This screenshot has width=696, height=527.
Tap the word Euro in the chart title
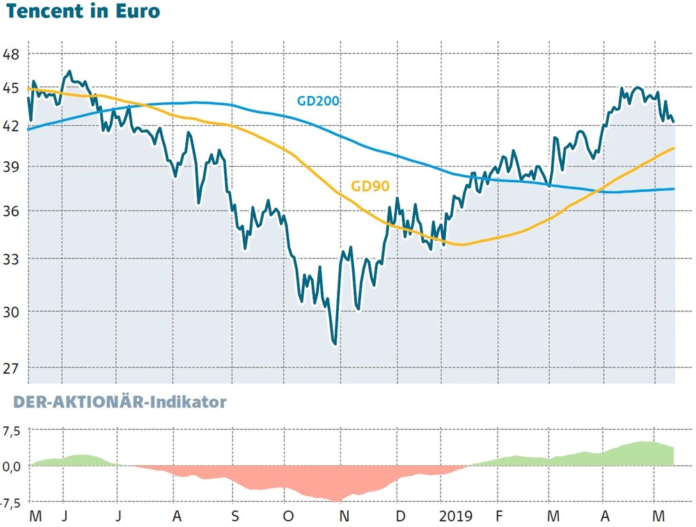[135, 12]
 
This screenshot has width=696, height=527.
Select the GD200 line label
[318, 101]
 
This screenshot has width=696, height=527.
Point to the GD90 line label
[370, 186]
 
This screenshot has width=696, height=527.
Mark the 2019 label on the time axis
[455, 517]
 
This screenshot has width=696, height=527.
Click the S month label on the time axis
[235, 517]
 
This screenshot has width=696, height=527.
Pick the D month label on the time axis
[400, 517]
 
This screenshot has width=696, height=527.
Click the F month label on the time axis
[498, 517]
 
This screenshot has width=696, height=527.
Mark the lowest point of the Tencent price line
[335, 343]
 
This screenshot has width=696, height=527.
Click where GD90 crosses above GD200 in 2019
[600, 191]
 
